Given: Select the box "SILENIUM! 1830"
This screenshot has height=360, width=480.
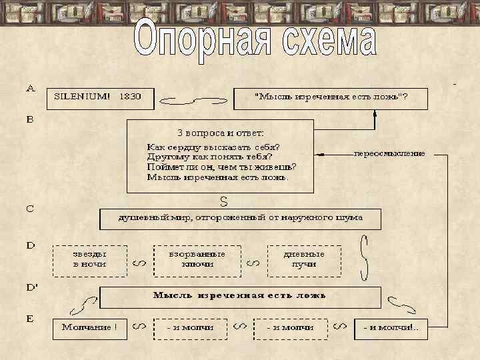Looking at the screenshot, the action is pos(99,98).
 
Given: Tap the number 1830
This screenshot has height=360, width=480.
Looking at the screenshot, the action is pos(130,97).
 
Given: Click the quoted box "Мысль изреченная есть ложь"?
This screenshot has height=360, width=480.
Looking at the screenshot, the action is pos(331,98).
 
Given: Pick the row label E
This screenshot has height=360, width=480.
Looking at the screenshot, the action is pos(30,319).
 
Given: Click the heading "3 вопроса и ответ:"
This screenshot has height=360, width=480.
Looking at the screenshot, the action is pos(220,132).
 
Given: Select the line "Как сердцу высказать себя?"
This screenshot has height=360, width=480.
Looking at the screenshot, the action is pos(213,147).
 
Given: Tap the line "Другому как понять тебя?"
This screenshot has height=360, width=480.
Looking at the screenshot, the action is pos(209,157).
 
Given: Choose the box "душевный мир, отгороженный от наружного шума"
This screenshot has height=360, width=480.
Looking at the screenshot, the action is pos(240,219).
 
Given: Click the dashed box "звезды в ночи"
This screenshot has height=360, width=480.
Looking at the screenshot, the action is pos(89,259).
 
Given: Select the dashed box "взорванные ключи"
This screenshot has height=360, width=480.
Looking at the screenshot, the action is pos(197,259).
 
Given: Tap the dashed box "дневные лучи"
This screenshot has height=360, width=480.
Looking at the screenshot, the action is pos(303,259).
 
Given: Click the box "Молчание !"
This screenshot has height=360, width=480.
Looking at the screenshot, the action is pos(89,327).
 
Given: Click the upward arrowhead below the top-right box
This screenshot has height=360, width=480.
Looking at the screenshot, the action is pos(375,113).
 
